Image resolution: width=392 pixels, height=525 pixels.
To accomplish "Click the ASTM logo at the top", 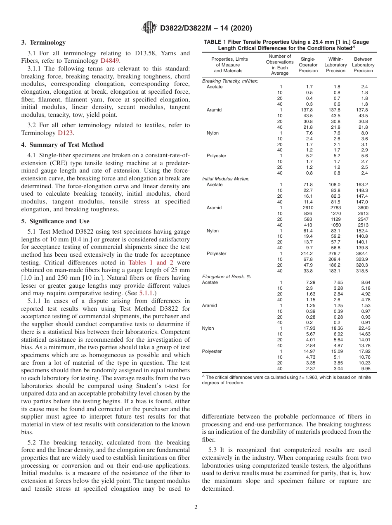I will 149,28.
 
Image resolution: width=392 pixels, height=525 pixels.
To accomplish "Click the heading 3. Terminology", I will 43,43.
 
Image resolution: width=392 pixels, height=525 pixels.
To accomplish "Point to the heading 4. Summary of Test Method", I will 62,145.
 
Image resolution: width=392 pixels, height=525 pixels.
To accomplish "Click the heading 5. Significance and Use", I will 55,221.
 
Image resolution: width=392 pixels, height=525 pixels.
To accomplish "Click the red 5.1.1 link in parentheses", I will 146,293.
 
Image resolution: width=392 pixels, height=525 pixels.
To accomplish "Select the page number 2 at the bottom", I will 196,507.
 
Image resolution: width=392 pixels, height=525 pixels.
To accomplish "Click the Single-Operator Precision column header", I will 308,65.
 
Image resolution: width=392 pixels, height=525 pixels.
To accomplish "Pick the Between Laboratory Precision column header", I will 363,65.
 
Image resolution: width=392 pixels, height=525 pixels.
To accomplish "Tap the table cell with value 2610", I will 308,208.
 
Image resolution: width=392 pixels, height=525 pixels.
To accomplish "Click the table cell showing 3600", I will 361,208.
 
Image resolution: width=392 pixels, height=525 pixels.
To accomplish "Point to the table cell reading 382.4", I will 362,253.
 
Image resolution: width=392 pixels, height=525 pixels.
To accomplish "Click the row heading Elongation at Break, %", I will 226,277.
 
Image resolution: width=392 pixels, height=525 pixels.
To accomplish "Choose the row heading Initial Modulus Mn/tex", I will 226,179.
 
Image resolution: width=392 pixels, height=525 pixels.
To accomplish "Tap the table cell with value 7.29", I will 309,282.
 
